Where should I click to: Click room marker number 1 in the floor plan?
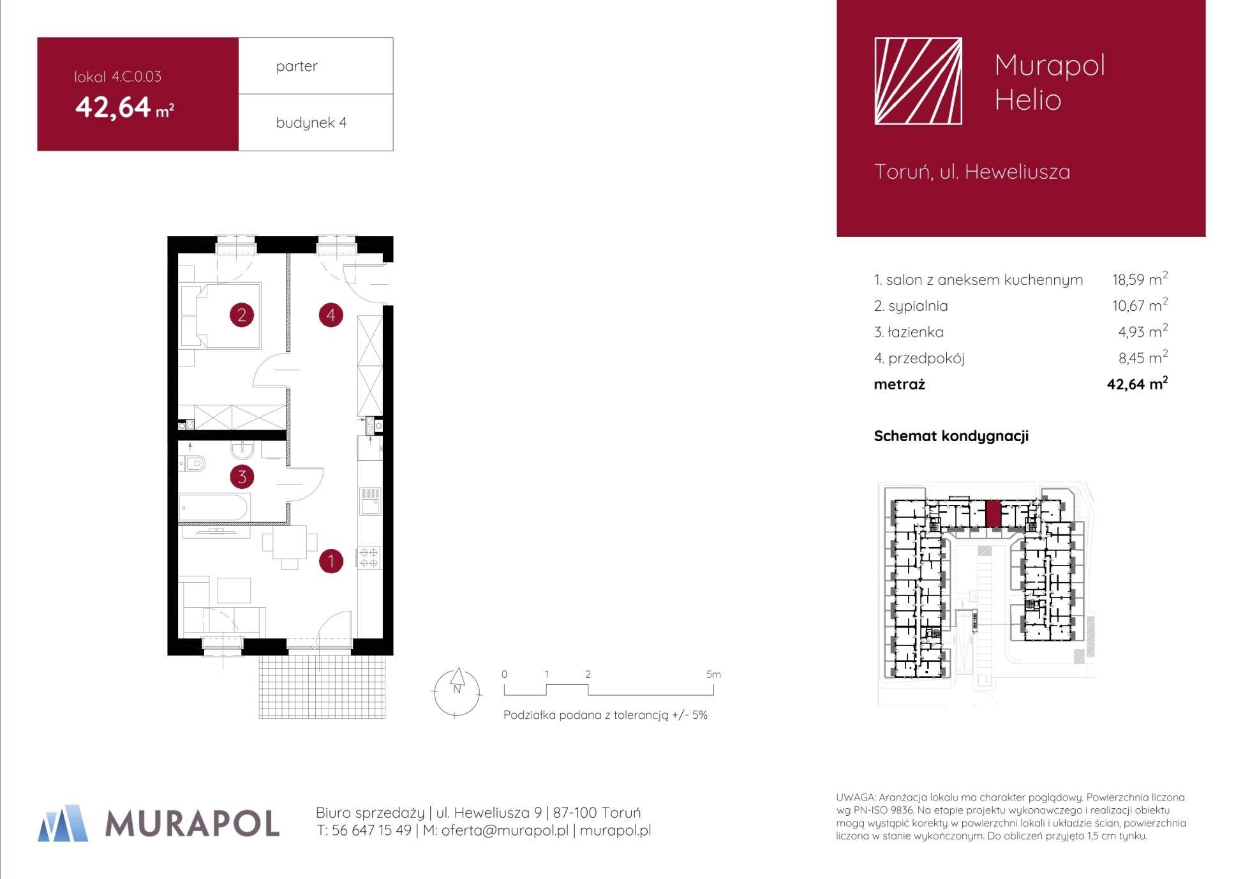pyautogui.click(x=331, y=561)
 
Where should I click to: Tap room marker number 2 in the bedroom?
pyautogui.click(x=242, y=315)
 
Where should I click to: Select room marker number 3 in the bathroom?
pyautogui.click(x=242, y=476)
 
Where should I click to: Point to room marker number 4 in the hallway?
pyautogui.click(x=331, y=315)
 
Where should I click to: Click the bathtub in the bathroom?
pyautogui.click(x=213, y=507)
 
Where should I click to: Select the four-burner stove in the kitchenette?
pyautogui.click(x=369, y=557)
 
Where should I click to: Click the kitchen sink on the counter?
pyautogui.click(x=370, y=501)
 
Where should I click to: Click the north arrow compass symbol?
pyautogui.click(x=457, y=692)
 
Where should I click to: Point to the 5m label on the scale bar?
pyautogui.click(x=713, y=674)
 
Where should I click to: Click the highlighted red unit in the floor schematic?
pyautogui.click(x=993, y=514)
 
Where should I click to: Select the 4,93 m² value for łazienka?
pyautogui.click(x=1143, y=331)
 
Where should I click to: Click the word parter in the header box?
pyautogui.click(x=297, y=66)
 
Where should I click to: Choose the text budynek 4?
pyautogui.click(x=311, y=123)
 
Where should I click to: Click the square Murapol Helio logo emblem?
pyautogui.click(x=918, y=81)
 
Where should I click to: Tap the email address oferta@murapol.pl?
pyautogui.click(x=505, y=830)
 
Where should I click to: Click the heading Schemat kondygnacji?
pyautogui.click(x=951, y=436)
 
